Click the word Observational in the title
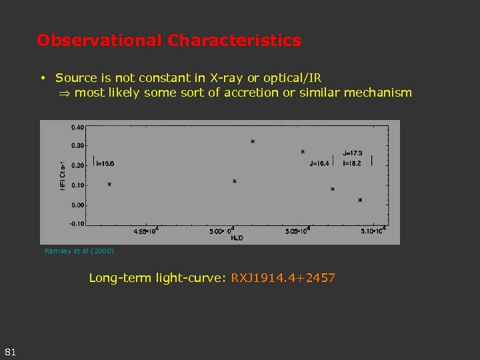[100, 41]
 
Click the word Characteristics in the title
[235, 41]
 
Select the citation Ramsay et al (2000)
[79, 251]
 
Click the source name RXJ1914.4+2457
[283, 277]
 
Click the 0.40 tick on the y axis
[77, 127]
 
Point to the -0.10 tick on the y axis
[77, 223]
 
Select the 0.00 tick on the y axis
[77, 205]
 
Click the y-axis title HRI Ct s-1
[63, 175]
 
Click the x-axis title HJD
[236, 237]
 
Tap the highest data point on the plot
[253, 141]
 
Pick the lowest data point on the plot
[360, 200]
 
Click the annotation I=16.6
[105, 163]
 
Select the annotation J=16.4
[319, 163]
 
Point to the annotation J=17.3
[353, 153]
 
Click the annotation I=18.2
[352, 163]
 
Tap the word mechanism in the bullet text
[378, 93]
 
